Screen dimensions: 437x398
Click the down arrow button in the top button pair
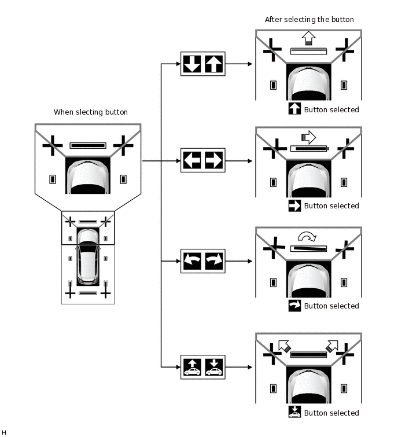[x=191, y=64]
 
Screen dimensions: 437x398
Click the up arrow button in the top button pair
[x=213, y=64]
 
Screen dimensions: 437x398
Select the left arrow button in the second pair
[x=191, y=160]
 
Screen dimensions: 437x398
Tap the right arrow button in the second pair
[x=213, y=160]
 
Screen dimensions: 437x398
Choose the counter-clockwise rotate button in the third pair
[x=191, y=261]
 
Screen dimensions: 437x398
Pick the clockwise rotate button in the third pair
[x=213, y=261]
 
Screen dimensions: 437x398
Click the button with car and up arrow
[x=191, y=367]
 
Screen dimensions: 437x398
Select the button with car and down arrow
[x=213, y=367]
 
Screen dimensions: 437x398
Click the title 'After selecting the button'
[x=309, y=19]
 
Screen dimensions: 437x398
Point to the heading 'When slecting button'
[x=91, y=112]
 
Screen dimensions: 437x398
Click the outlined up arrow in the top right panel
[x=308, y=38]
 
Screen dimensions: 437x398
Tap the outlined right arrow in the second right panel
[x=308, y=137]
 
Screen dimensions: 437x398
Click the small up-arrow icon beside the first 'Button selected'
[x=294, y=109]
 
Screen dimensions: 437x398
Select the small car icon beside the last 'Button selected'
[x=294, y=412]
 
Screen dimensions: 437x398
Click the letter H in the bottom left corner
[x=4, y=432]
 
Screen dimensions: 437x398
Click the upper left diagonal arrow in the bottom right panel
[x=283, y=346]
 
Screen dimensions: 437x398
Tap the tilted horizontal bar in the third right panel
[x=308, y=248]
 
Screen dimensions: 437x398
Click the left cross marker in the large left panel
[x=53, y=145]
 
